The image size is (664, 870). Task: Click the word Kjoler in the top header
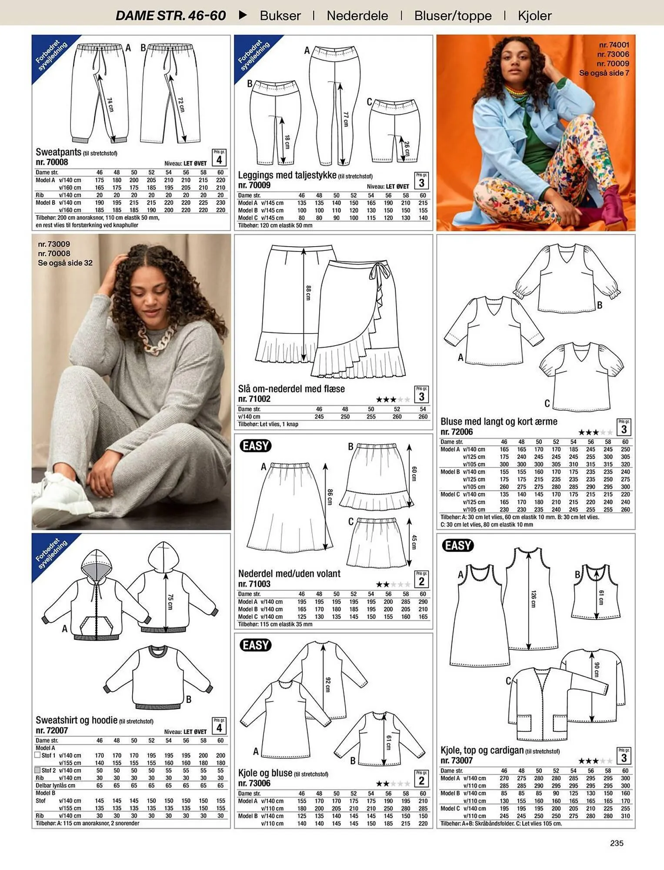coord(534,16)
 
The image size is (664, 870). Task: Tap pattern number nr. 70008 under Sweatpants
coord(52,162)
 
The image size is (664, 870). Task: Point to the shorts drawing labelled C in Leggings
coord(394,130)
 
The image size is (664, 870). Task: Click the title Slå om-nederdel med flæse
coord(291,389)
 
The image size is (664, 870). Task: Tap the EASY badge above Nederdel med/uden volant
coord(255,446)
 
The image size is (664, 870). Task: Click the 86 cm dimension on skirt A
coord(330,497)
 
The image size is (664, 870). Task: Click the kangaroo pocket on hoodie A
coord(95,622)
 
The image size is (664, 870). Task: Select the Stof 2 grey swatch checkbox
coord(38,770)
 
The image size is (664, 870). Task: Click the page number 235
coord(617,843)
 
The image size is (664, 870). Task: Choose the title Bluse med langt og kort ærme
coord(499,422)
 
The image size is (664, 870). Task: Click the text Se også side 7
coord(604,73)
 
